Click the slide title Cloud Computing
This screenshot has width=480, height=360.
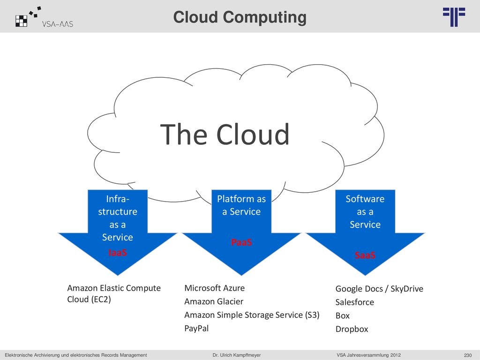click(240, 17)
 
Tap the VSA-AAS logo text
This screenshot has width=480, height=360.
click(58, 24)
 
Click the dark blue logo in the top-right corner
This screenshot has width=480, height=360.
click(454, 17)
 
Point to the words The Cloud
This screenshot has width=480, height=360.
click(225, 134)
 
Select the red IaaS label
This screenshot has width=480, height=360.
click(118, 253)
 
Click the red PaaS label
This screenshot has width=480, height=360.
click(241, 242)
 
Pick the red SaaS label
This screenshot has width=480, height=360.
click(365, 255)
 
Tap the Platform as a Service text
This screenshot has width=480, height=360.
click(241, 205)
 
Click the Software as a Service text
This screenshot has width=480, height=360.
click(365, 211)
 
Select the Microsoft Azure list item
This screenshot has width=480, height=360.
click(214, 288)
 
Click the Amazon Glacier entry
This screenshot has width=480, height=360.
click(214, 301)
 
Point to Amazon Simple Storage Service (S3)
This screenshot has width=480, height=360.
click(252, 315)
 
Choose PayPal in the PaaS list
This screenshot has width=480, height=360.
click(196, 329)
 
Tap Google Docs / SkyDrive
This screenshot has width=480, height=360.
click(379, 289)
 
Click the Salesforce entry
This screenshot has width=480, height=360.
click(354, 302)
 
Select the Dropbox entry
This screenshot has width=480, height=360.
click(352, 329)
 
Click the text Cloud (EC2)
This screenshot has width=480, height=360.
click(89, 300)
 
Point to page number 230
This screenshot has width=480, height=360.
click(468, 355)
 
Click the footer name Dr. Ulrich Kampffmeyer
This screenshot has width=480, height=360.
click(237, 355)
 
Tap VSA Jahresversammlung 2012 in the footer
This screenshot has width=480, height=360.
click(368, 355)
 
